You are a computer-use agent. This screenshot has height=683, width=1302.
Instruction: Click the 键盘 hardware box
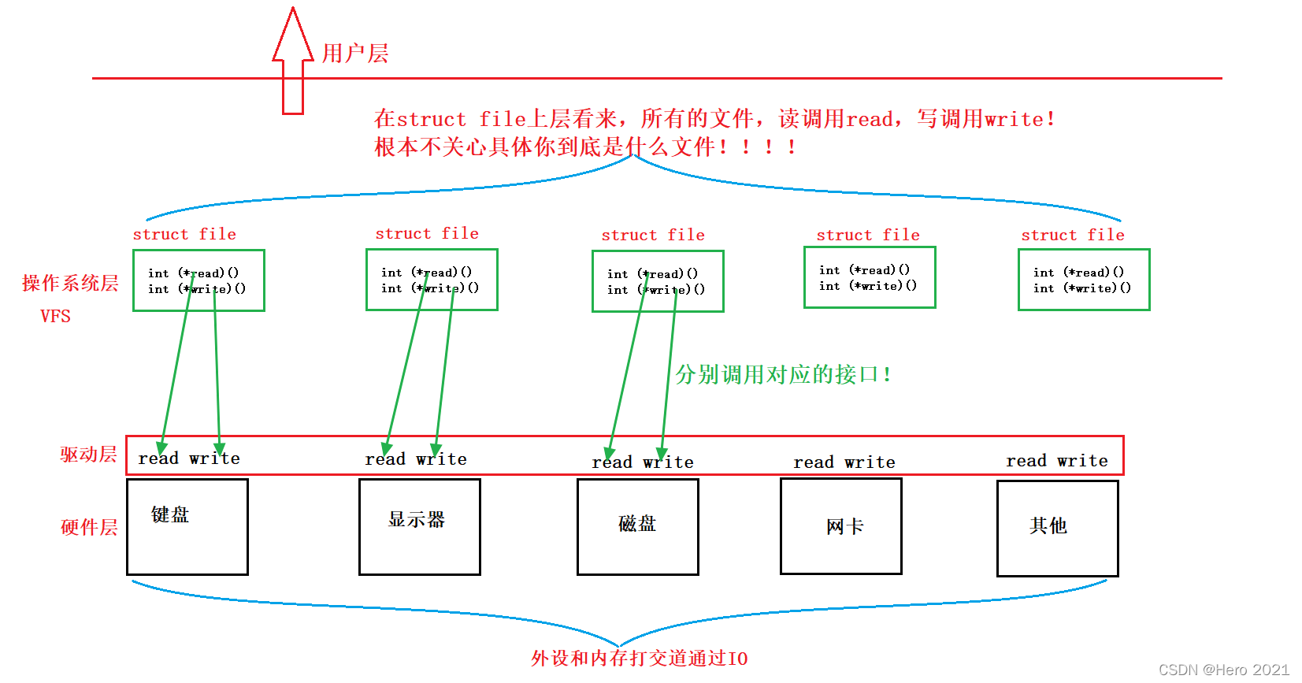[187, 526]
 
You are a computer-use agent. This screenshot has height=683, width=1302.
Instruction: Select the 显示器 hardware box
[420, 526]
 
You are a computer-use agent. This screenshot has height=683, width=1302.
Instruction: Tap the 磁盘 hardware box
[638, 526]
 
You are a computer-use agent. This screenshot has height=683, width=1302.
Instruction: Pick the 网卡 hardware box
[841, 526]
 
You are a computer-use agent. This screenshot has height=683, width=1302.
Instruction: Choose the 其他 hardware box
[1057, 528]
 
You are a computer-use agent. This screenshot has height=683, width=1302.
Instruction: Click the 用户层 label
[355, 54]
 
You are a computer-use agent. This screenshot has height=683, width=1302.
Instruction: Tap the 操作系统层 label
[70, 283]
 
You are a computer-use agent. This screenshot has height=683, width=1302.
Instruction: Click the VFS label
[55, 317]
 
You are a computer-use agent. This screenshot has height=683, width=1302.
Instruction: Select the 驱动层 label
[88, 455]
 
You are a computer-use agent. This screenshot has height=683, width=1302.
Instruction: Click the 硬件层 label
[89, 527]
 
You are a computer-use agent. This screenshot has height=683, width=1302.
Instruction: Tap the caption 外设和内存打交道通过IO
[639, 659]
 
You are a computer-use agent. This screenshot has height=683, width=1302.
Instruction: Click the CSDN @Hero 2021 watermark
[1224, 670]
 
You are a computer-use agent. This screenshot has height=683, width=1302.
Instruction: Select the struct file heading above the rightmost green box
[1073, 235]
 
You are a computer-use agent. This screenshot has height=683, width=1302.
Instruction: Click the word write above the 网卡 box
[870, 462]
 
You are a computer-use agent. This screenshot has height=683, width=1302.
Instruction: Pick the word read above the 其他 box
[1026, 461]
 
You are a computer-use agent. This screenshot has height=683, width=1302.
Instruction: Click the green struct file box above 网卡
[870, 277]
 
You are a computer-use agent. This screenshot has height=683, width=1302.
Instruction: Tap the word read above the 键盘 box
[158, 458]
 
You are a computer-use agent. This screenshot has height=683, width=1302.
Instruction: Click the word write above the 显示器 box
[441, 459]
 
